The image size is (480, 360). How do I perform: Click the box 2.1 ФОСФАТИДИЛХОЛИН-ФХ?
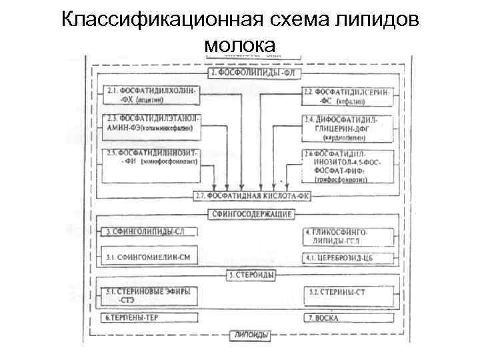152,95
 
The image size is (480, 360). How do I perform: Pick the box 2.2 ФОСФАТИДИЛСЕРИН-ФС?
347,95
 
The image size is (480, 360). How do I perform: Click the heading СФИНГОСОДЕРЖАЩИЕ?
251,214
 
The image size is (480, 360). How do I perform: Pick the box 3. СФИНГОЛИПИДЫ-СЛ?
152,232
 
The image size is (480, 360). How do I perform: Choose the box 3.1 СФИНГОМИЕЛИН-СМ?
152,256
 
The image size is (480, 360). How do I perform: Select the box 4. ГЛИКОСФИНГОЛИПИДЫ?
347,235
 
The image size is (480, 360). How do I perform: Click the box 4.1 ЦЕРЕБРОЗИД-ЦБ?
347,257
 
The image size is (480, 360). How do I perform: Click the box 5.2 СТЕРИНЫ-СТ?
347,293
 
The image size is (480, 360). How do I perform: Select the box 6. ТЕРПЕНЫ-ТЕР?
152,318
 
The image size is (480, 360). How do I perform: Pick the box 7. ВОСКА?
347,318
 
